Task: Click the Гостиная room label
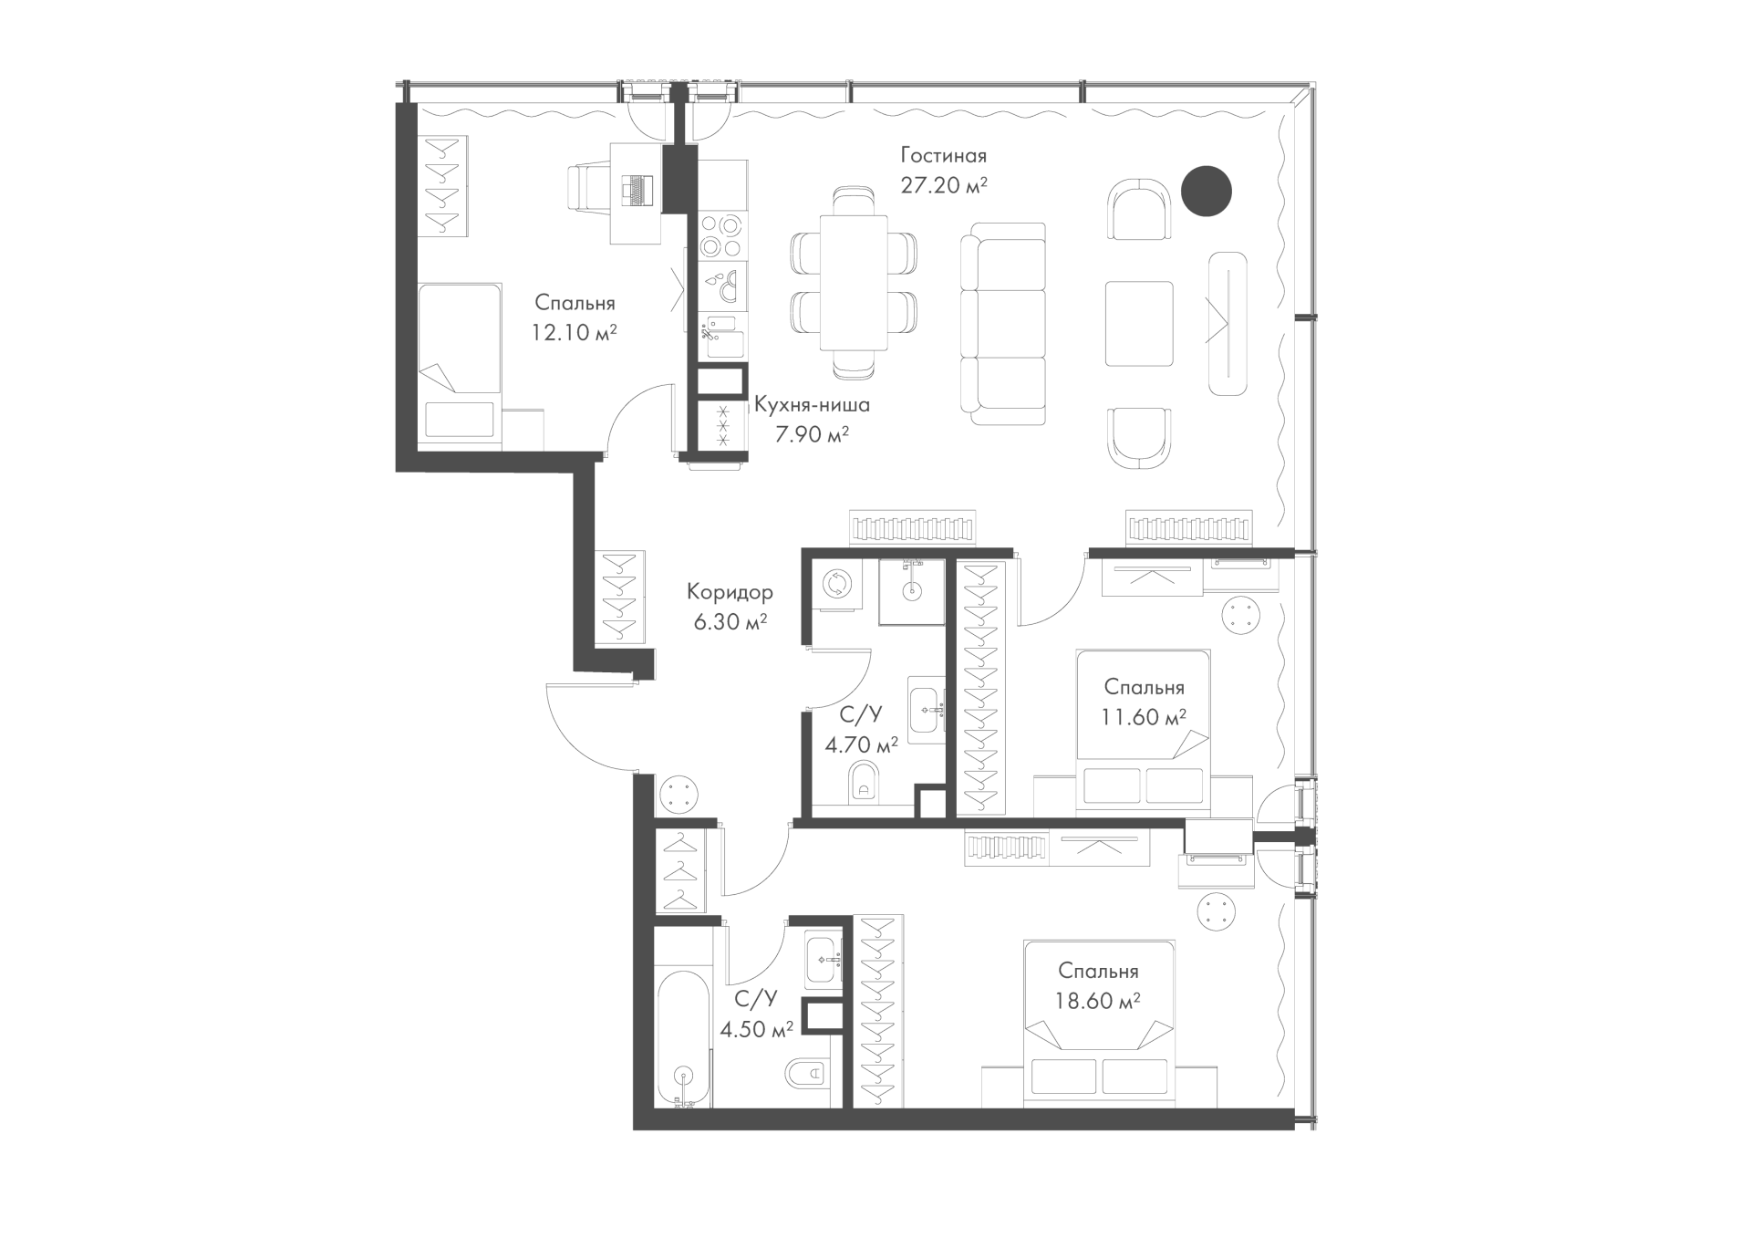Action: coord(943,155)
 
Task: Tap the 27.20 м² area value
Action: coord(944,185)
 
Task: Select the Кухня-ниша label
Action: coord(812,404)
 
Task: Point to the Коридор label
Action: coord(730,592)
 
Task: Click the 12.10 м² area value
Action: coord(574,331)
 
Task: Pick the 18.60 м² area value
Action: coord(1098,1001)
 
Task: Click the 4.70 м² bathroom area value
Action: coord(861,744)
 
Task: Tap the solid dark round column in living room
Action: coord(1207,191)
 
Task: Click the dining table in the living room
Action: coord(854,283)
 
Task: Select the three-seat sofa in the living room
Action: coord(1003,323)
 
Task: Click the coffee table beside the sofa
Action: coord(1139,323)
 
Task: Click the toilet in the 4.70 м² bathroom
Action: coord(863,782)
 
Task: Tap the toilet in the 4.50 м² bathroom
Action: coord(806,1073)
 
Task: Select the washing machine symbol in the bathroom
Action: coord(835,585)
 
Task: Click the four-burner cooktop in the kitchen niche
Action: coord(723,235)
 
